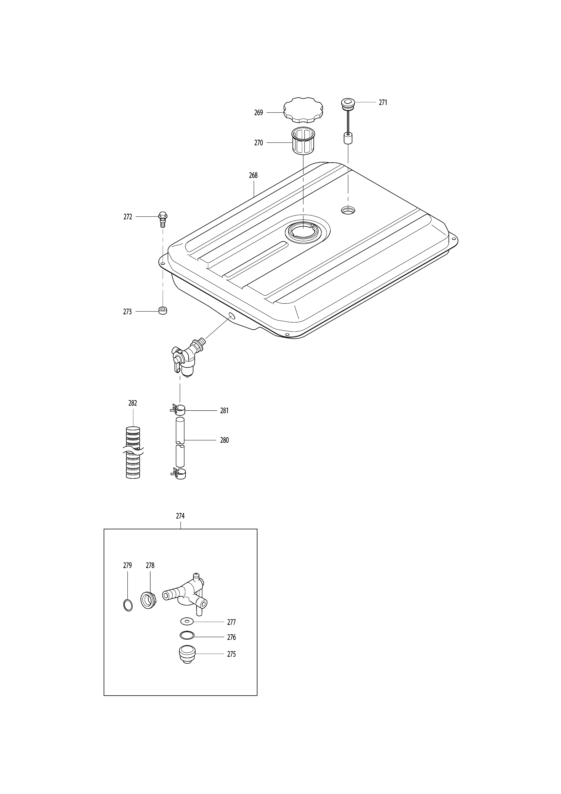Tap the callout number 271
383,102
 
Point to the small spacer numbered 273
162,310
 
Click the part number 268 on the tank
253,175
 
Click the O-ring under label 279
128,605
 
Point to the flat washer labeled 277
187,622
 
